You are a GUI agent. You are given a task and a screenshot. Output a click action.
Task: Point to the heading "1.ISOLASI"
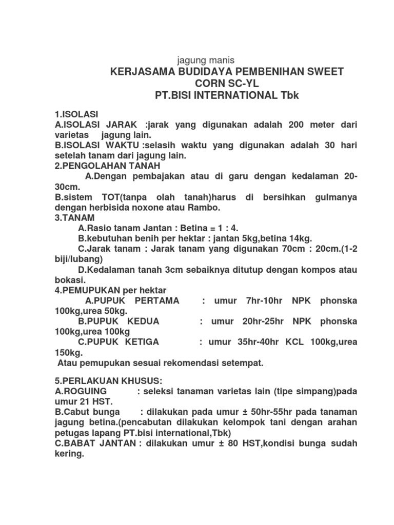click(x=76, y=114)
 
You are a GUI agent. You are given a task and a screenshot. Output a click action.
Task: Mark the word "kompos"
click(x=301, y=270)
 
